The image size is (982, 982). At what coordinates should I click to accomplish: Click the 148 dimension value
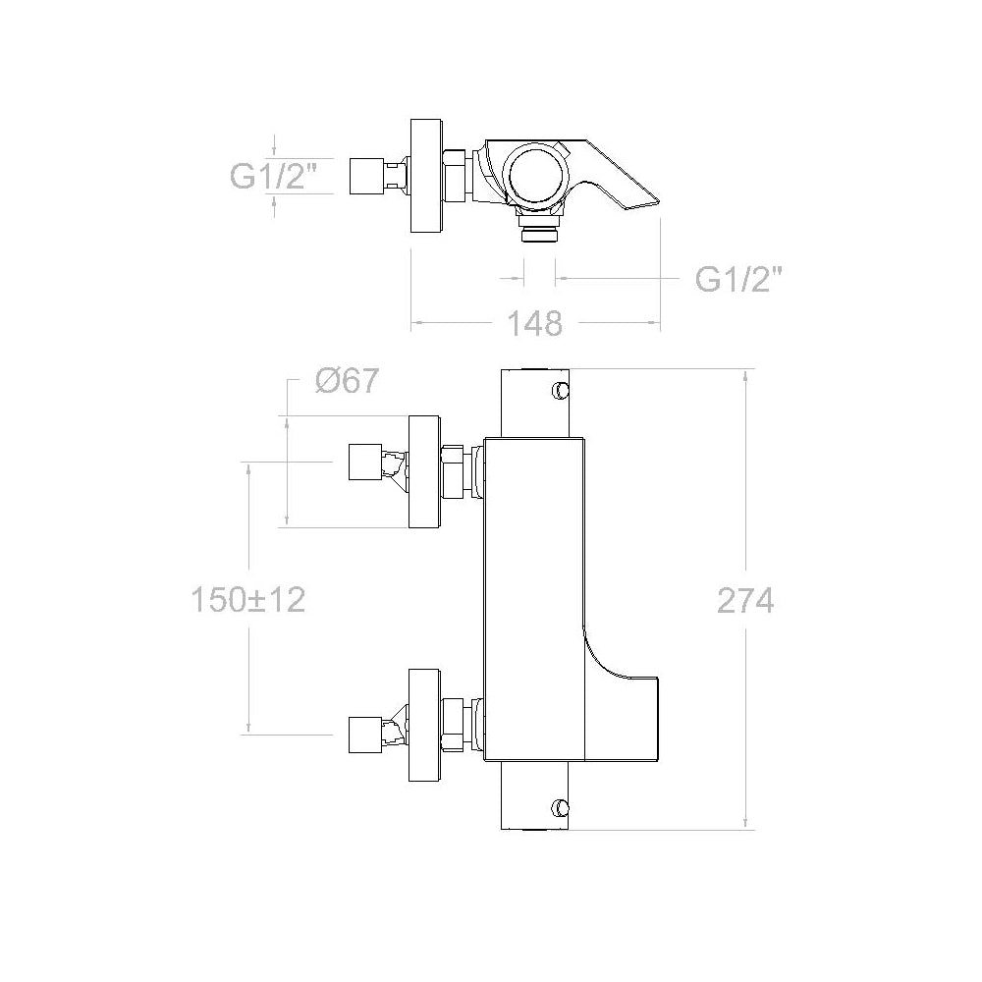pyautogui.click(x=534, y=324)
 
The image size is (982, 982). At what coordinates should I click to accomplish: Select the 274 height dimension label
pyautogui.click(x=745, y=601)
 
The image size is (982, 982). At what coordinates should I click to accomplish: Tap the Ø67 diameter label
pyautogui.click(x=347, y=380)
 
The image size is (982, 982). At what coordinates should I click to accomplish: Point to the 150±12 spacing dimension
pyautogui.click(x=248, y=599)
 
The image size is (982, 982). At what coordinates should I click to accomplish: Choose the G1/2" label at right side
pyautogui.click(x=739, y=279)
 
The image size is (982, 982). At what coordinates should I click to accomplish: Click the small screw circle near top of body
pyautogui.click(x=560, y=390)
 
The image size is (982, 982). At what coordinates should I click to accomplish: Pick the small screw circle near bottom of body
pyautogui.click(x=560, y=808)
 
